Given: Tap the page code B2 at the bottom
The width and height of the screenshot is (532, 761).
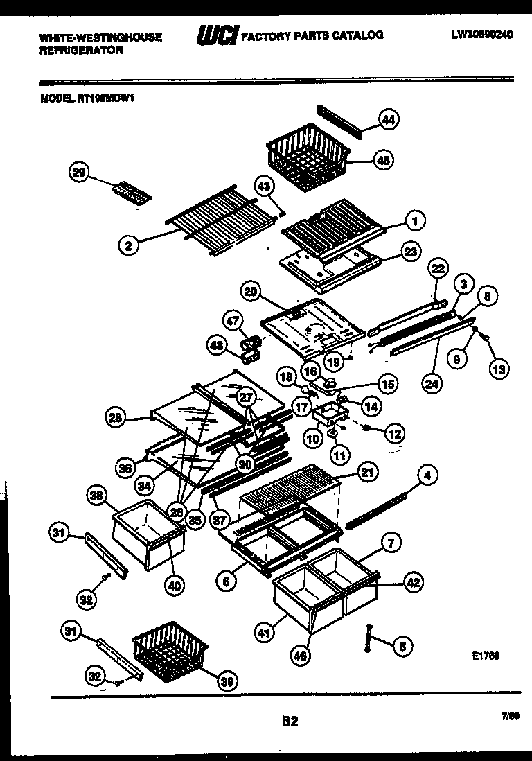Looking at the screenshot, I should [x=290, y=721].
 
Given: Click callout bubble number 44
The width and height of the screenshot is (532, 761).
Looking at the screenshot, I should [x=389, y=120].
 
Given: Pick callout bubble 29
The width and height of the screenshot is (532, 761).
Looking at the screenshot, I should [x=80, y=173].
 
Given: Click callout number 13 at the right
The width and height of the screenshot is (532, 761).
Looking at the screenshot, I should [x=498, y=369].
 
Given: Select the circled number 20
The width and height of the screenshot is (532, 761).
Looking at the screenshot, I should [x=251, y=292].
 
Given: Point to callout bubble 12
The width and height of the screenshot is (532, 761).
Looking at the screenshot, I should [x=393, y=435].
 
